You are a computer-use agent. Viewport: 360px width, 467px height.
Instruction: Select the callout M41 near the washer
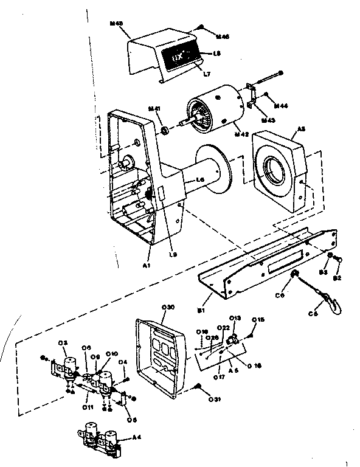(154, 109)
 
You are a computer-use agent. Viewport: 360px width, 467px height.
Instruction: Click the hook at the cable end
(331, 299)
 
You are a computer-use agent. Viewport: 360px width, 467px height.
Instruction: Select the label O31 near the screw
(215, 400)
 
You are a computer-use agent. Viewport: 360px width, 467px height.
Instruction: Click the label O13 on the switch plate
(236, 318)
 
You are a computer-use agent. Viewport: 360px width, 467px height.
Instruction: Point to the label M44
(281, 106)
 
